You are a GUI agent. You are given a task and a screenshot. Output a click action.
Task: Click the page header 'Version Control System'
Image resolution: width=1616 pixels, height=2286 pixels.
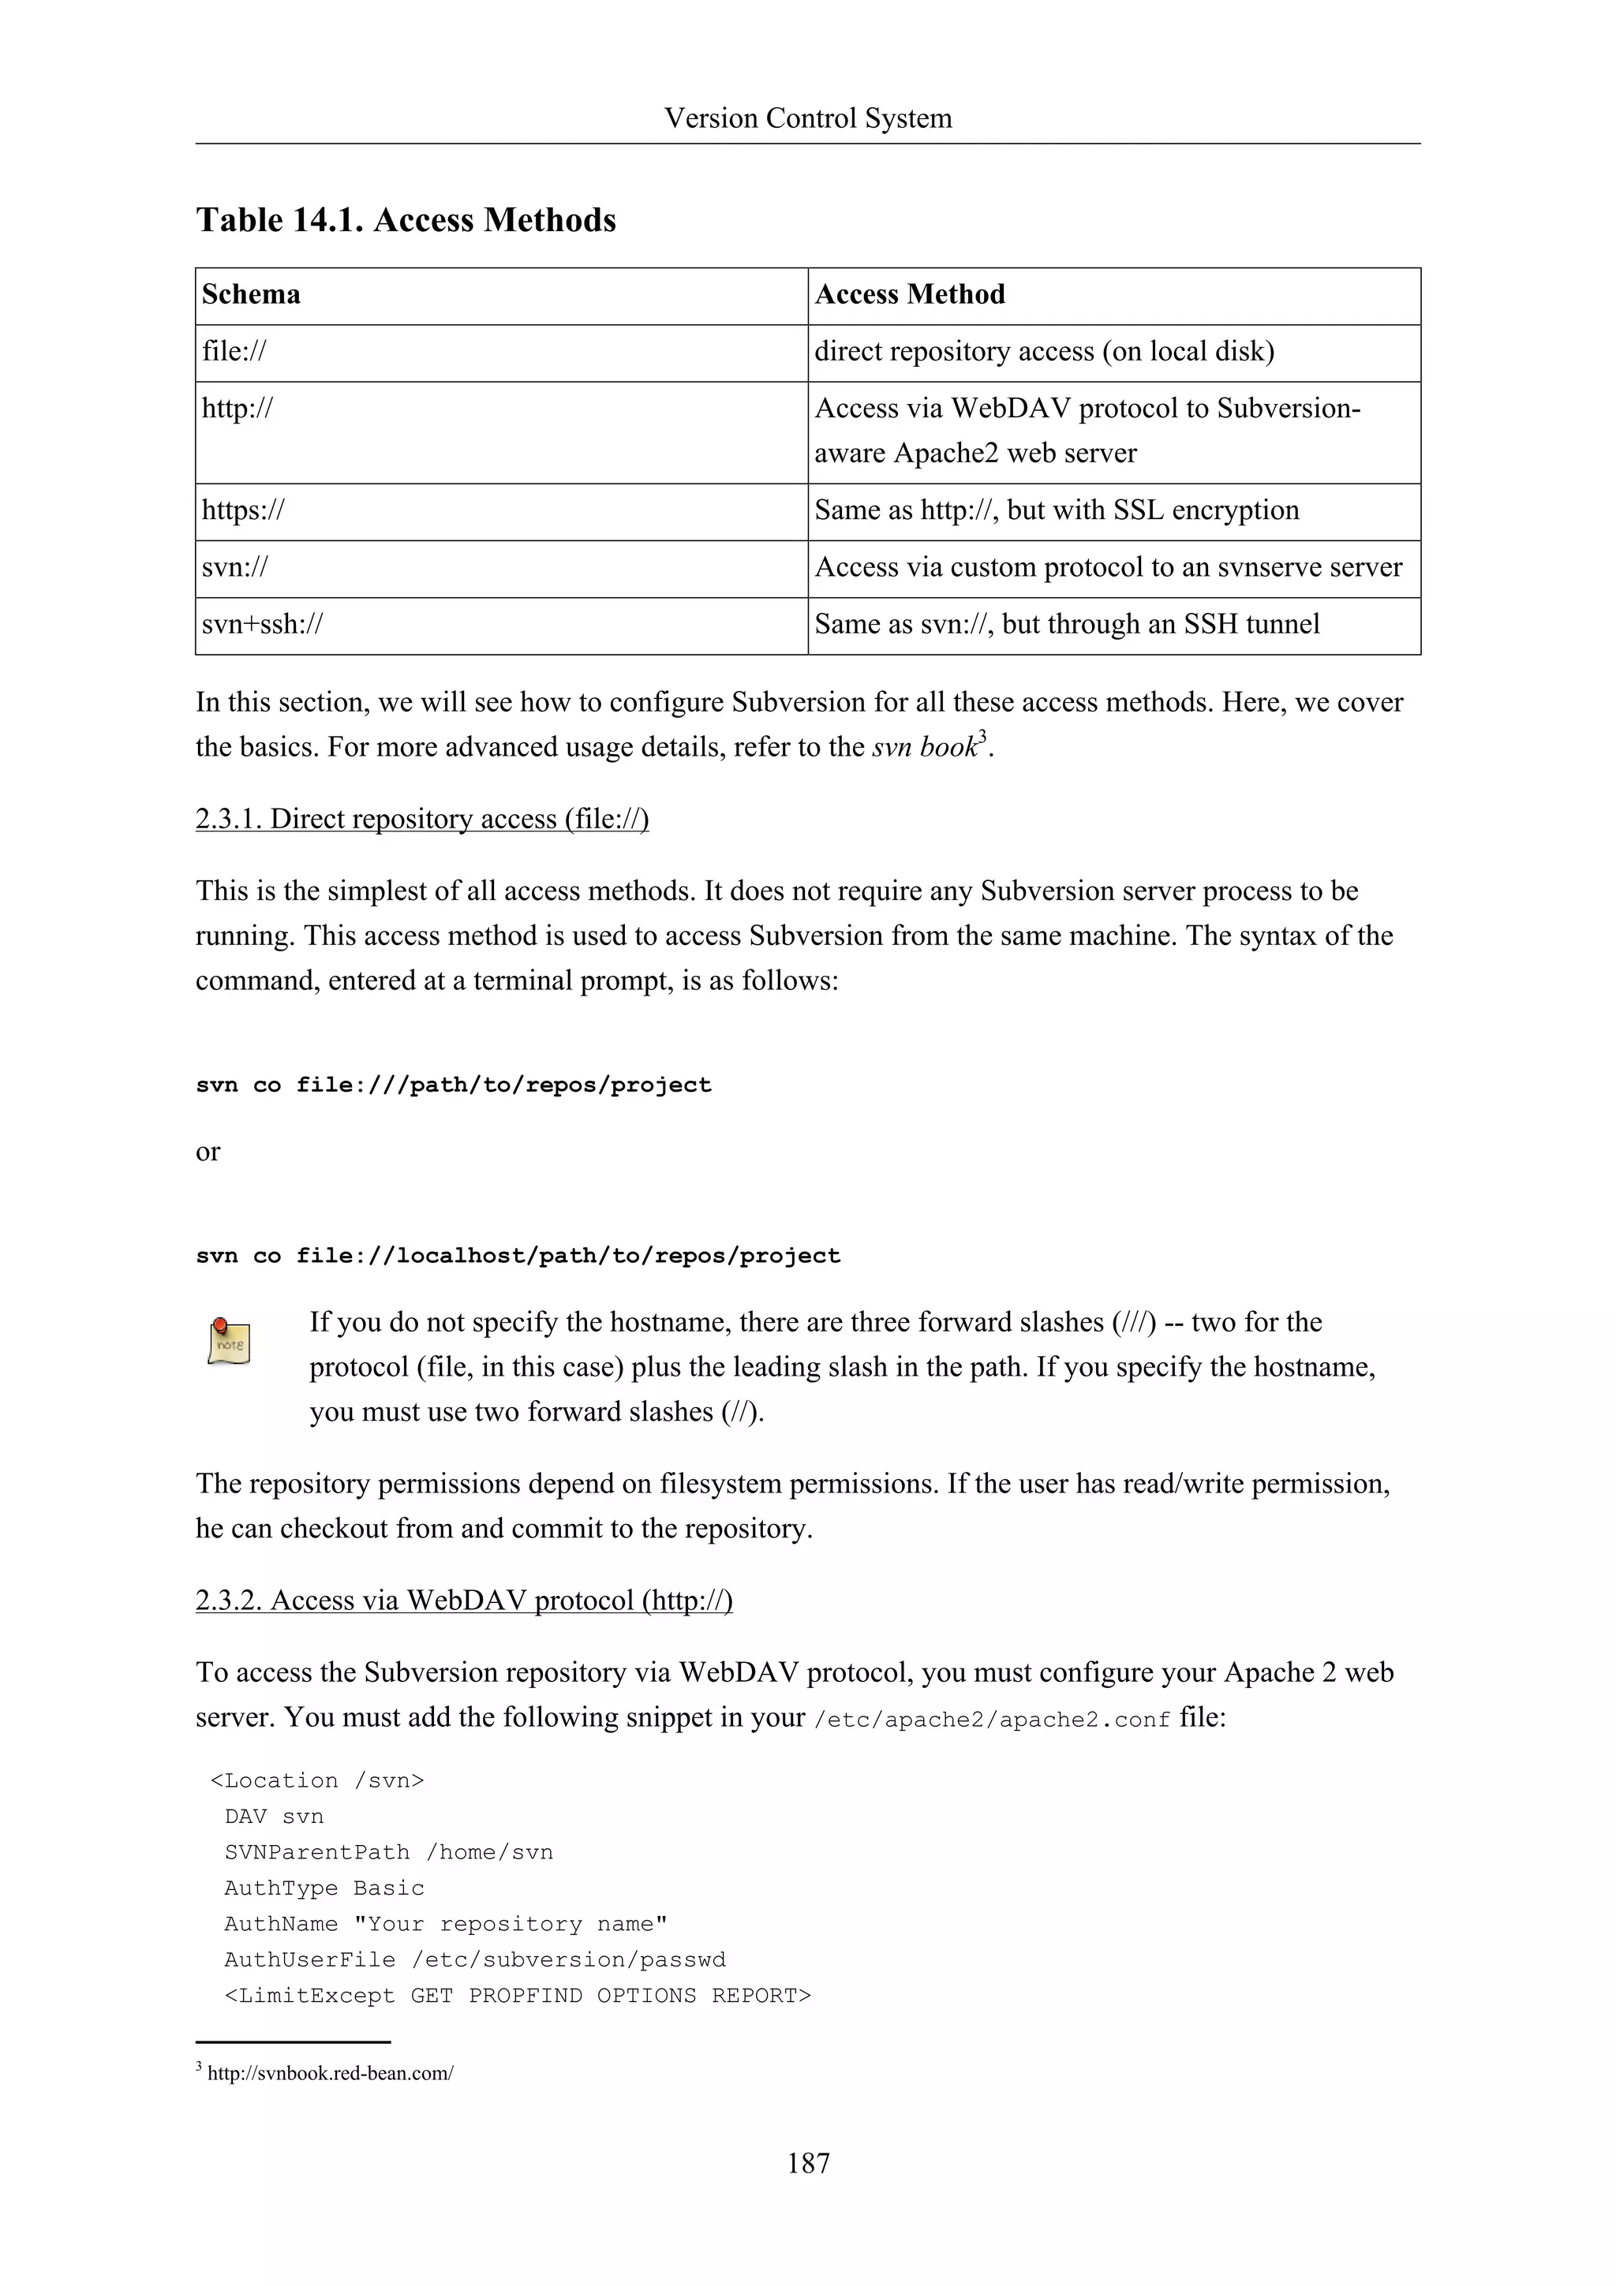coord(807,118)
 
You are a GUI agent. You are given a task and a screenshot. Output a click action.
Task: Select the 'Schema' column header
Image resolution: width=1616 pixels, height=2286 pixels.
coord(251,295)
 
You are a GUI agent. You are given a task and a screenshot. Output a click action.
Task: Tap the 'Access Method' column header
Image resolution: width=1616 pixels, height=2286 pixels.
coord(909,295)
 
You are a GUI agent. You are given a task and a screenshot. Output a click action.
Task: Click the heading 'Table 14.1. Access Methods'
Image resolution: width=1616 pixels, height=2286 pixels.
coord(406,220)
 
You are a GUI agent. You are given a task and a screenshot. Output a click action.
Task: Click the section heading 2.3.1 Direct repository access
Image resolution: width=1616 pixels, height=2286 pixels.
coord(422,819)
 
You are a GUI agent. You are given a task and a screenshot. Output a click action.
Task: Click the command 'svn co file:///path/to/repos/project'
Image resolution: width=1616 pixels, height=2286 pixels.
coord(453,1085)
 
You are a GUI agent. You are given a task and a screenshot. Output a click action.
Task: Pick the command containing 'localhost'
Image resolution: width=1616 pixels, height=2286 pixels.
coord(518,1257)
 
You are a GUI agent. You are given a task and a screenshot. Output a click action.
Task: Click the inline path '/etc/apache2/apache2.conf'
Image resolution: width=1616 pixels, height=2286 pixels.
coord(992,1720)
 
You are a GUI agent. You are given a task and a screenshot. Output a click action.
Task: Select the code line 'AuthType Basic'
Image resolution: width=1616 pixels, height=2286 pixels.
coord(324,1888)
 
